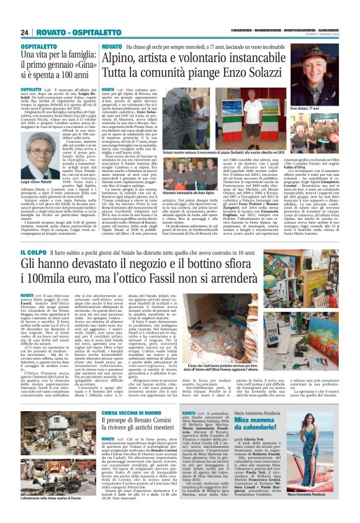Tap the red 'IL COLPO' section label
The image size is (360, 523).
31,252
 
